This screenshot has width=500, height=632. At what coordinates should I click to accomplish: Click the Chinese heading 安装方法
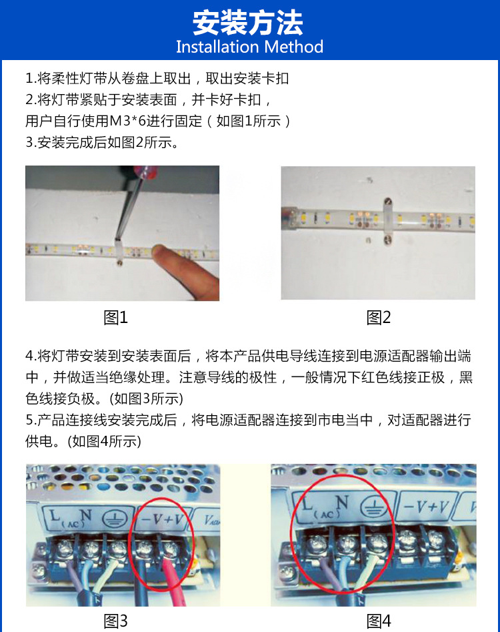(x=248, y=23)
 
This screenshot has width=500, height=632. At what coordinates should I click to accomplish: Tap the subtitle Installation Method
(x=249, y=47)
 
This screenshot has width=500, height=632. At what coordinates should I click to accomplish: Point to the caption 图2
(x=378, y=318)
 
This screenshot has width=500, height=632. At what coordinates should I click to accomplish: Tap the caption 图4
(x=378, y=621)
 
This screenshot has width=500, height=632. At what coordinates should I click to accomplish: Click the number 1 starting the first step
(x=29, y=79)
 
